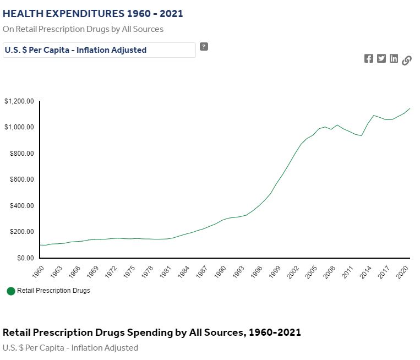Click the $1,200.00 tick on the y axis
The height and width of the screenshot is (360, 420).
click(x=19, y=101)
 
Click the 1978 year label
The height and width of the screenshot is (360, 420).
click(x=147, y=272)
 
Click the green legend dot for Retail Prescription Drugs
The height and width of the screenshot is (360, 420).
click(x=11, y=291)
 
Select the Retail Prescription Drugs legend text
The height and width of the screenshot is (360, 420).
click(x=53, y=291)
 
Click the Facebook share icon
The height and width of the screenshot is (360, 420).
click(x=369, y=59)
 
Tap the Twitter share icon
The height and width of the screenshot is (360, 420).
click(x=381, y=59)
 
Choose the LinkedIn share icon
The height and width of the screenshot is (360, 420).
click(x=394, y=59)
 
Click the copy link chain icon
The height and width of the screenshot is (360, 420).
click(x=407, y=60)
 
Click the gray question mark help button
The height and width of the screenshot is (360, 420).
click(x=204, y=47)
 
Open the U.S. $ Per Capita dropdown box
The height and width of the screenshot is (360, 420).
click(x=99, y=50)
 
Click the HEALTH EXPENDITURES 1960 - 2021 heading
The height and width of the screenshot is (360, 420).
click(x=93, y=14)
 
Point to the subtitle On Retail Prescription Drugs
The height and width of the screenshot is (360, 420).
click(x=83, y=29)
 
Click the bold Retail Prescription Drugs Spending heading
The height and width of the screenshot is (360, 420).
click(x=152, y=333)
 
